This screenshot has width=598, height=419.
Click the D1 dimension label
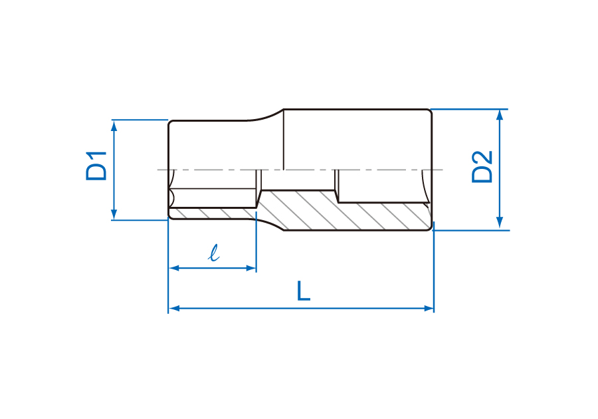(96, 166)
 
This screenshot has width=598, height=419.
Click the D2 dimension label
(482, 167)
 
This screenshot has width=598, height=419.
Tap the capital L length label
(304, 291)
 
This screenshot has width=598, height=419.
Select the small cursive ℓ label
(214, 253)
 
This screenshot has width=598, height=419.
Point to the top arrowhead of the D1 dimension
(114, 125)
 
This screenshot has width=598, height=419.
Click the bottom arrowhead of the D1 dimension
(114, 214)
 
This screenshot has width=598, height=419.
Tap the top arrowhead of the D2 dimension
(500, 115)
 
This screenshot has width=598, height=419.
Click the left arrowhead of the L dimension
(174, 308)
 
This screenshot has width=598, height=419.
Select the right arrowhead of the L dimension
(429, 308)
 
